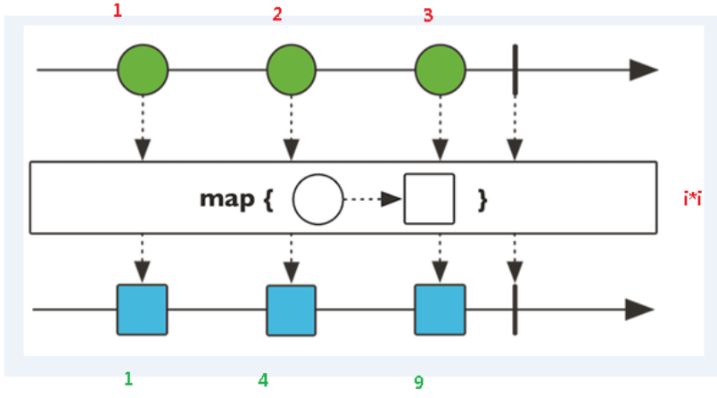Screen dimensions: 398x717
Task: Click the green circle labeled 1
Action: pos(143,70)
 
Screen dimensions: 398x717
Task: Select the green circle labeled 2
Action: pos(292,70)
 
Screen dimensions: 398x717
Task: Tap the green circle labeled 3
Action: pos(441,70)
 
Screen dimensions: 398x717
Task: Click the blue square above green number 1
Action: pos(142,310)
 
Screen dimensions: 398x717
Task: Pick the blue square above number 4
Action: pos(292,310)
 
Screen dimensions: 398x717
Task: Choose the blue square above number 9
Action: pos(440,310)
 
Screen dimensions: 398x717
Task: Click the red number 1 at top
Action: pos(117,12)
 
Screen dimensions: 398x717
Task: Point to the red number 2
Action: pos(277,14)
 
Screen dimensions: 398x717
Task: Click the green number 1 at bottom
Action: pos(128,378)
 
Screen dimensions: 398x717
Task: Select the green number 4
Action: pos(262,379)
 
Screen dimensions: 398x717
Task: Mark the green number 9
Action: pos(418,382)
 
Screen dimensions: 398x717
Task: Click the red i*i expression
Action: pos(692,198)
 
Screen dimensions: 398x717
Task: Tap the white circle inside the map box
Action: pos(317,198)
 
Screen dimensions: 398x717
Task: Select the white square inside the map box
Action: pos(429,198)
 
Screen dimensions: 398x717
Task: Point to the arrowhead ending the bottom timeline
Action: pos(640,310)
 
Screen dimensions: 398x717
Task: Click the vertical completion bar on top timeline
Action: pos(515,70)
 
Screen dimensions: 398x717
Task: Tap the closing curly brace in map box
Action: pos(482,199)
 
